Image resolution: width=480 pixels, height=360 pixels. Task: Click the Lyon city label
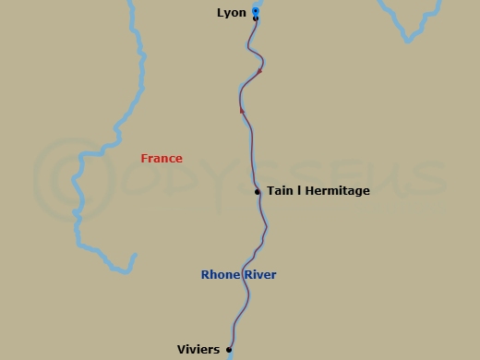tap(231, 12)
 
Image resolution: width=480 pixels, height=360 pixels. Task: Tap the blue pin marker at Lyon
tap(256, 11)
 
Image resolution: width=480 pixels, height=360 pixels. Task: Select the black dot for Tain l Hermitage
tap(258, 192)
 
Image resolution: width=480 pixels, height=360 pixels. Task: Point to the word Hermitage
tap(337, 191)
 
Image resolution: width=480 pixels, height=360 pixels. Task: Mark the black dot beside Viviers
tap(229, 349)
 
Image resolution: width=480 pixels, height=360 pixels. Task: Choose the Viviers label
tap(198, 350)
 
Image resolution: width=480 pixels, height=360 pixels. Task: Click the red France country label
tap(162, 159)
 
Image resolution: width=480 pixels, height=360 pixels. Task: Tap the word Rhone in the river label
tap(220, 275)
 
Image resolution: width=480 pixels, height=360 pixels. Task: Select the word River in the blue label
tap(259, 275)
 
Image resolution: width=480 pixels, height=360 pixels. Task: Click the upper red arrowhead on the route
tap(259, 70)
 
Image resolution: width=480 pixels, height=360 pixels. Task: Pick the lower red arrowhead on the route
tap(242, 110)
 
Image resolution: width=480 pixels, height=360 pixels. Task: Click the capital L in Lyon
tap(220, 12)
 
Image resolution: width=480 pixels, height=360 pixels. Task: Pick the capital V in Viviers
tap(181, 350)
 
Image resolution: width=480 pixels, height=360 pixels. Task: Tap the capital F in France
tap(144, 159)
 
